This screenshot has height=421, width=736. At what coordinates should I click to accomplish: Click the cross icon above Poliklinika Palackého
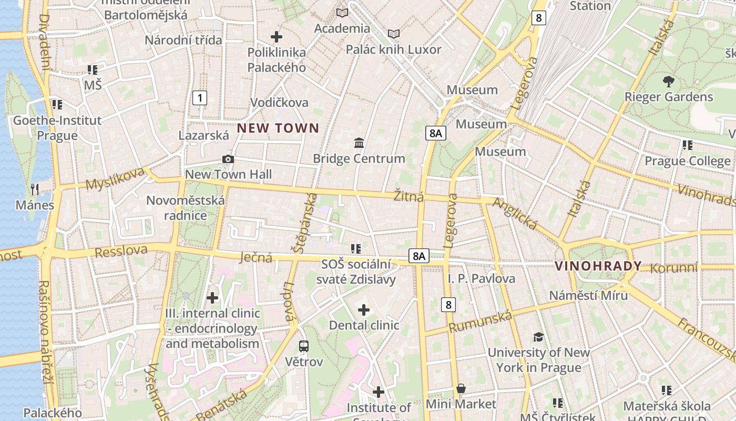pyautogui.click(x=277, y=37)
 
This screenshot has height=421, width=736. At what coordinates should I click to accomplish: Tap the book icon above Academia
pyautogui.click(x=342, y=13)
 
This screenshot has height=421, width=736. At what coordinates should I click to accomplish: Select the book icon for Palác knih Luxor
pyautogui.click(x=393, y=34)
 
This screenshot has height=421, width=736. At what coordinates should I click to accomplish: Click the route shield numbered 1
pyautogui.click(x=199, y=97)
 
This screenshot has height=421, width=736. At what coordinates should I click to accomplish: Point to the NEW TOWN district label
pyautogui.click(x=278, y=128)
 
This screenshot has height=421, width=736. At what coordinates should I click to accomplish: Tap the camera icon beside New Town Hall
pyautogui.click(x=228, y=159)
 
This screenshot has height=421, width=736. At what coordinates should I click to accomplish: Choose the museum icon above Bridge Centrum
pyautogui.click(x=359, y=143)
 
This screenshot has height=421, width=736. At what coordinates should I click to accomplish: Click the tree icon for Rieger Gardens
pyautogui.click(x=668, y=82)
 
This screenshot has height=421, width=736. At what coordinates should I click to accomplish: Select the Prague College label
pyautogui.click(x=688, y=161)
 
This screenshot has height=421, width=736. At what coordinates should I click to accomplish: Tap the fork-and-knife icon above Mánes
pyautogui.click(x=35, y=188)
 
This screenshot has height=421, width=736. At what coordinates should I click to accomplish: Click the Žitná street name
pyautogui.click(x=408, y=197)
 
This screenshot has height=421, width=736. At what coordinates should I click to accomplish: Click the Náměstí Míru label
pyautogui.click(x=588, y=295)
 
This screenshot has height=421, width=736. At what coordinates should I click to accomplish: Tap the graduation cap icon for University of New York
pyautogui.click(x=538, y=337)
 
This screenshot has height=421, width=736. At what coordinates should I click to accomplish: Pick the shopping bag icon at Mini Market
pyautogui.click(x=461, y=388)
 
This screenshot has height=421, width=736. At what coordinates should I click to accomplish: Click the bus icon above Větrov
pyautogui.click(x=304, y=346)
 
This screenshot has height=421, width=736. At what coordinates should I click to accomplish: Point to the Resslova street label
pyautogui.click(x=121, y=251)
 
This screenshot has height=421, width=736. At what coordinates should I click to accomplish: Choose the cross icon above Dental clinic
pyautogui.click(x=363, y=310)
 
